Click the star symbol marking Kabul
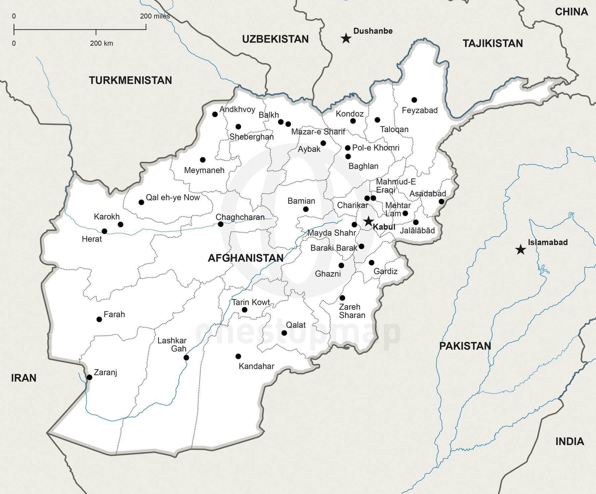(x=368, y=221)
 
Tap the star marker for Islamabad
(x=521, y=249)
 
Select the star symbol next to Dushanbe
(x=346, y=38)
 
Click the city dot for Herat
(x=104, y=231)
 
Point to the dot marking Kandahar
(x=238, y=357)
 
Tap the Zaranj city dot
(x=89, y=377)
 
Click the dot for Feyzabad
(x=414, y=100)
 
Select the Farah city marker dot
(x=99, y=319)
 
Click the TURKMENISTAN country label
(x=130, y=80)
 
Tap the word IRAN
(x=24, y=378)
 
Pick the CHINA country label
(x=571, y=12)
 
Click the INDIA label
(x=570, y=441)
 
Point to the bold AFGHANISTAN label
(x=245, y=258)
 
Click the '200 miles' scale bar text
(x=155, y=16)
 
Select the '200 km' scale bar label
(x=101, y=43)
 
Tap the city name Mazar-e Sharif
(x=318, y=132)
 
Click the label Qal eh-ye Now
(x=173, y=197)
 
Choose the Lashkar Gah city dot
(x=186, y=357)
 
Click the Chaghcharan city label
(x=240, y=217)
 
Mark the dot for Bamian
(x=306, y=209)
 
